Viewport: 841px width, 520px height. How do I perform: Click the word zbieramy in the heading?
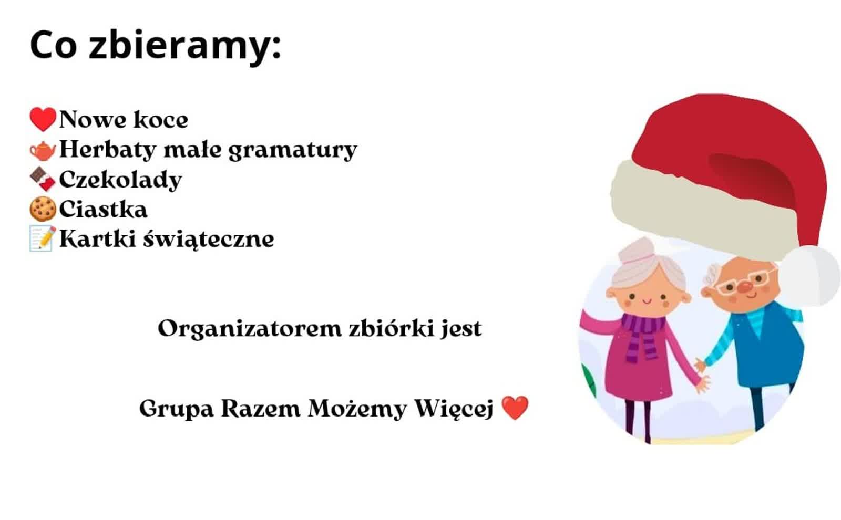184,46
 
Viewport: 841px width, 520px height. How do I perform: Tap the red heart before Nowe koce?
43,119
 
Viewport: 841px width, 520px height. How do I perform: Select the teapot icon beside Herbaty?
43,150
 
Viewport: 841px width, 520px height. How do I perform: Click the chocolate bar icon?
43,179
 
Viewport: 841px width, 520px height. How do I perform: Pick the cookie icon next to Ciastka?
43,209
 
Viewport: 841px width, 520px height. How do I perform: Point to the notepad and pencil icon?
43,238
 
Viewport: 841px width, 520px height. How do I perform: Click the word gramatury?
293,151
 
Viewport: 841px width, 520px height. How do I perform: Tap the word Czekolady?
120,180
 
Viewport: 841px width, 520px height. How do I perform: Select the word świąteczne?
208,240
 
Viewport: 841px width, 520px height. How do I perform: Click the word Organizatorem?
250,329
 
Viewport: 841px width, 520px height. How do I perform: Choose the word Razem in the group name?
261,408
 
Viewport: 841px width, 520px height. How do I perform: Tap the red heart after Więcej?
515,408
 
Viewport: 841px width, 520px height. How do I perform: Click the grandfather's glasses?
746,279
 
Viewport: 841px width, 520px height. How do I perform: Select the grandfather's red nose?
745,287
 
